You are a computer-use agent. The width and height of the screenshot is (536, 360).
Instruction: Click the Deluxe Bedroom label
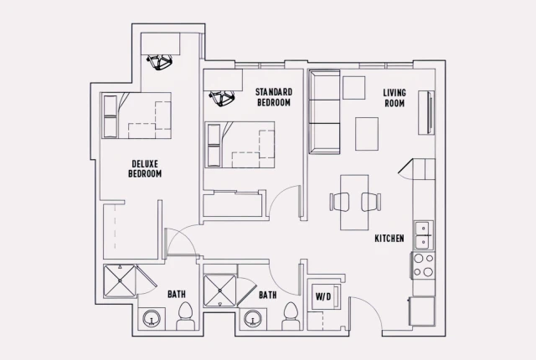(x=145, y=168)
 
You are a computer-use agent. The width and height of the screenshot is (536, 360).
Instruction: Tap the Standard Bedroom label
(x=273, y=97)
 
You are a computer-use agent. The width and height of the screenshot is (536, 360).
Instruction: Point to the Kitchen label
(x=389, y=239)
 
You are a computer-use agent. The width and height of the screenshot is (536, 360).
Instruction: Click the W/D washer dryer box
(x=323, y=297)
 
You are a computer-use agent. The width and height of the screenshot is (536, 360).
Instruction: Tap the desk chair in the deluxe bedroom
(x=157, y=61)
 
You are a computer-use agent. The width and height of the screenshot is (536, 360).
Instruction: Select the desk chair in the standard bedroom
(x=221, y=99)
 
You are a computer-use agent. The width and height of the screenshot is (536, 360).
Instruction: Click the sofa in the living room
(x=324, y=112)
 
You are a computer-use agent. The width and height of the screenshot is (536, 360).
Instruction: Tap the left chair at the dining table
(x=340, y=202)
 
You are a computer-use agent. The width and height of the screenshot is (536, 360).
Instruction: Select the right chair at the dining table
(x=369, y=202)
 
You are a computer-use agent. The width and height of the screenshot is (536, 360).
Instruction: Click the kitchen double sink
(x=424, y=235)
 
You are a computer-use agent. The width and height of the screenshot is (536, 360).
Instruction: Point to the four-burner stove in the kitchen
(x=423, y=265)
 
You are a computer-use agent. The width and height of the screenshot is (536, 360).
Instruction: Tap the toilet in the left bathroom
(x=185, y=316)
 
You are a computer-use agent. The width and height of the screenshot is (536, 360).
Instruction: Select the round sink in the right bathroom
(x=253, y=319)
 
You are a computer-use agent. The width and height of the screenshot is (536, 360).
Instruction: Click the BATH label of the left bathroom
(x=176, y=295)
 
